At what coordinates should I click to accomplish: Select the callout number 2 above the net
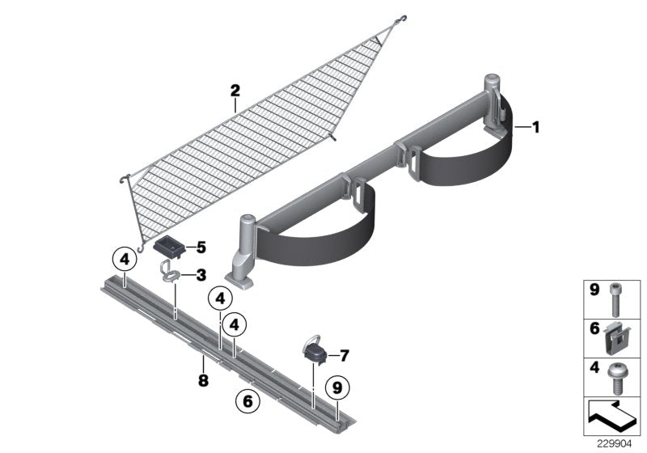(x=235, y=91)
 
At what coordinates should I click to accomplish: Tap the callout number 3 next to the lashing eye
(x=201, y=276)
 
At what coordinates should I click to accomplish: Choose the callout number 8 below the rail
(x=203, y=379)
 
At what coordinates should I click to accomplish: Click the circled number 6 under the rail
(x=247, y=400)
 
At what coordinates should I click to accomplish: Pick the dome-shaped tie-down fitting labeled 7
(x=315, y=349)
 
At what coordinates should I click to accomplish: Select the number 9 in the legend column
(x=594, y=289)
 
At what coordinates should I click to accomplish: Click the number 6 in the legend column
(x=594, y=329)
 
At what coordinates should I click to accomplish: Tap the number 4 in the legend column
(x=594, y=370)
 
